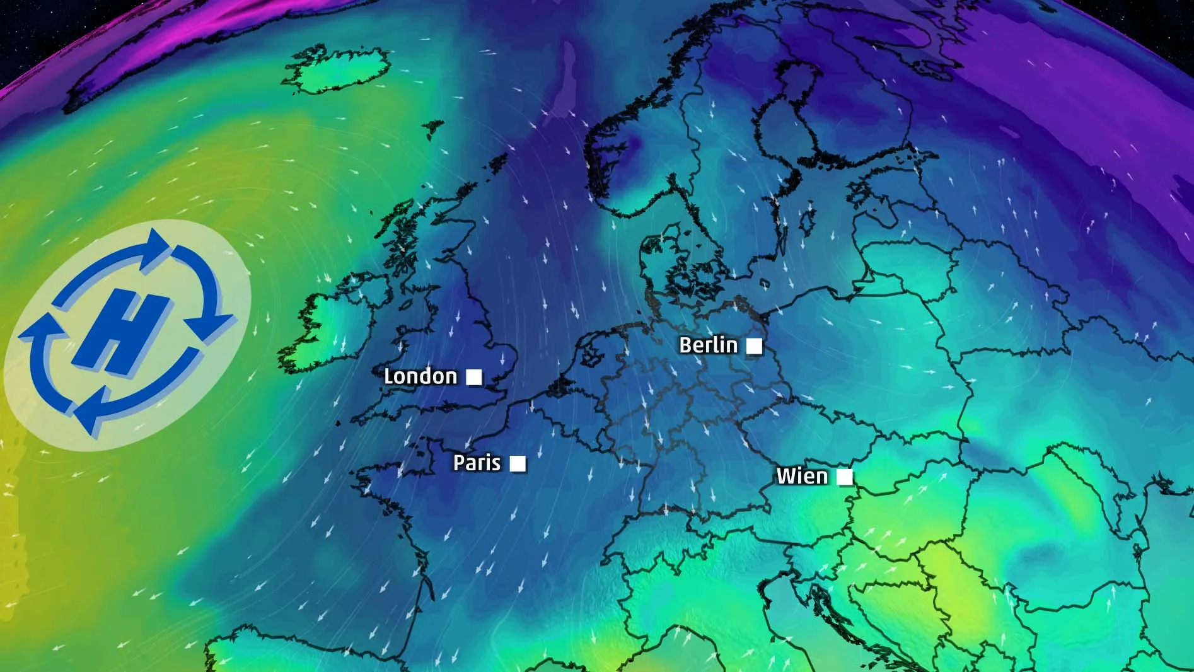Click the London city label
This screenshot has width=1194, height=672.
pos(420,376)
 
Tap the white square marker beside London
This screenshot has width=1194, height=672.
pos(473,377)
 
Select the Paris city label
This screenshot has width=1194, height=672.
pos(477,463)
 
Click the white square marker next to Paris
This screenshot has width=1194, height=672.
pos(518,463)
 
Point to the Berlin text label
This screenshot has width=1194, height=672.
pos(708,345)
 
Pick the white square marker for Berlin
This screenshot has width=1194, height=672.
pos(754,345)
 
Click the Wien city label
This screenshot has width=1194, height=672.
pos(802,476)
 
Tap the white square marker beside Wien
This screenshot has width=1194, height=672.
pos(844,477)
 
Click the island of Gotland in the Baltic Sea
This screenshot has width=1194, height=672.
pos(806,221)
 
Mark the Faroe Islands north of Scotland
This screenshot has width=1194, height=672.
pos(432,129)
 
